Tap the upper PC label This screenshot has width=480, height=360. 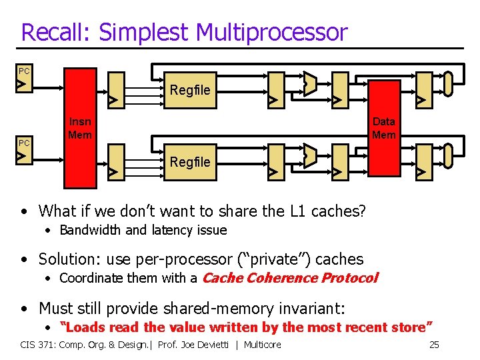(24, 71)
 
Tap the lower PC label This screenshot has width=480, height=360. (24, 143)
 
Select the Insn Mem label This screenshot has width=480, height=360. (81, 128)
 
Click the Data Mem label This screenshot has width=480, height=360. (384, 128)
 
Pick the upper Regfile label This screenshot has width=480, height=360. (190, 90)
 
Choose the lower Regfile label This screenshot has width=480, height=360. (190, 162)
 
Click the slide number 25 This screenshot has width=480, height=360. (433, 345)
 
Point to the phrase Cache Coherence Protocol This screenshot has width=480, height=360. (290, 278)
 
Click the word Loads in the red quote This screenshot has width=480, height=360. (82, 327)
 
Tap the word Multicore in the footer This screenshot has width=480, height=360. (263, 345)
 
